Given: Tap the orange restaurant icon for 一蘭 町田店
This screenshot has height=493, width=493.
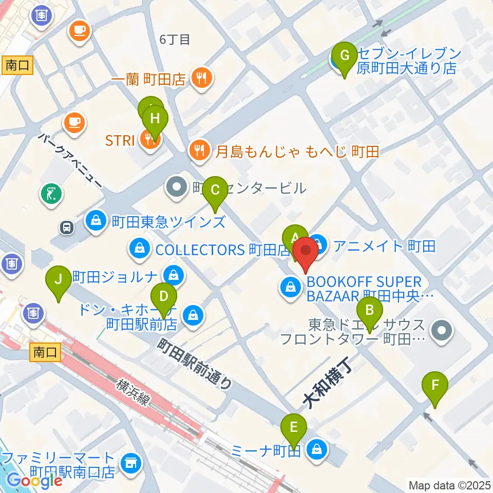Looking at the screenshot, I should (199, 79).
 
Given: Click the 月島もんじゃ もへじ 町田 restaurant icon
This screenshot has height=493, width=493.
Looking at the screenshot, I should (199, 150).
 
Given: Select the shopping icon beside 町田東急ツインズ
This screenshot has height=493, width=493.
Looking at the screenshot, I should (96, 221).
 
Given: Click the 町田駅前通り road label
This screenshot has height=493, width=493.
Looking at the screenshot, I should (196, 363).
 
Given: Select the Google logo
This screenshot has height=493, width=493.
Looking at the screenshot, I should (34, 481).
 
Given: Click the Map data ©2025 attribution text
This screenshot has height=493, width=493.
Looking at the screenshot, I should (449, 485).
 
